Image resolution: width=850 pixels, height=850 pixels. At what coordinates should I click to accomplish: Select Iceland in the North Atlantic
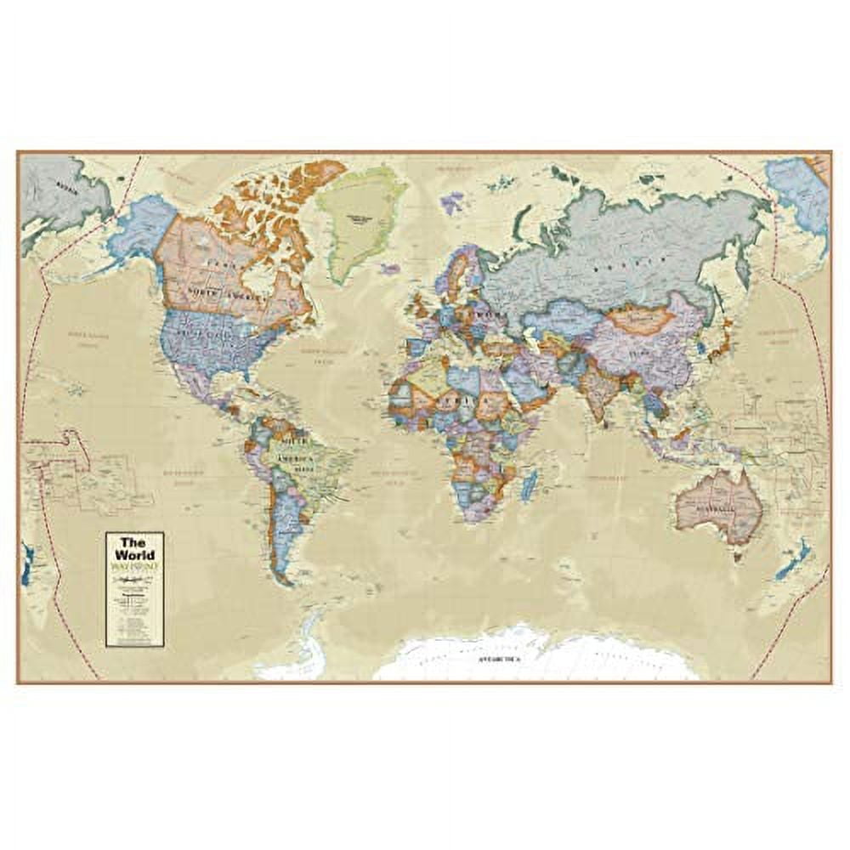(x=390, y=269)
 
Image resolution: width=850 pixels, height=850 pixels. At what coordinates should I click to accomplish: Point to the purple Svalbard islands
(x=452, y=202)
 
